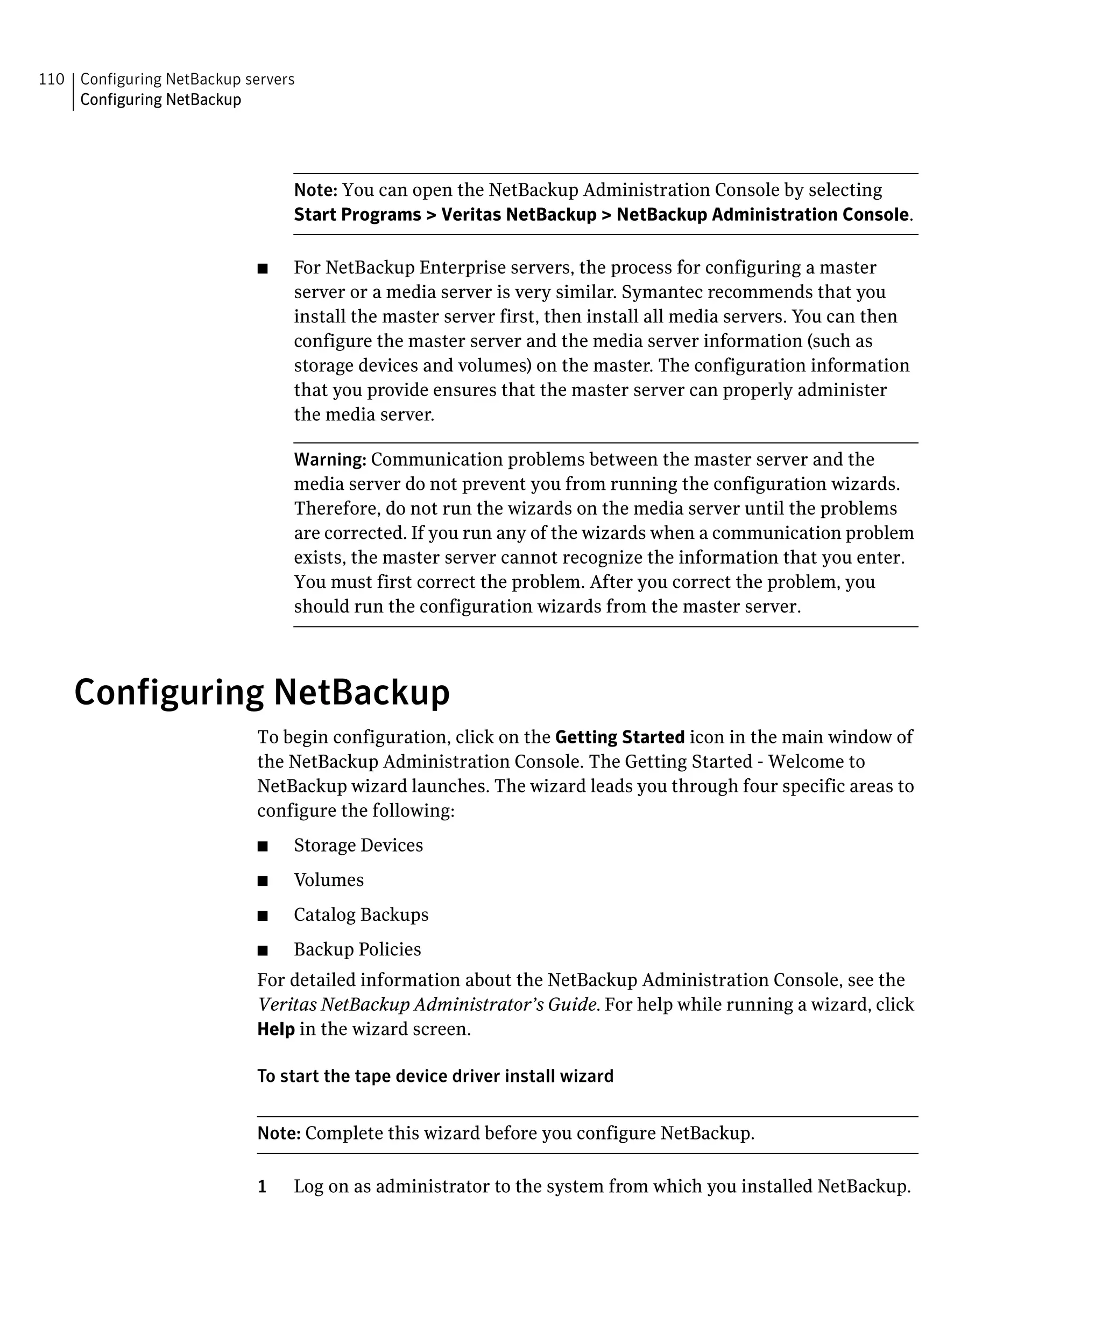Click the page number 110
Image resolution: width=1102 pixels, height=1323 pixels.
click(x=51, y=79)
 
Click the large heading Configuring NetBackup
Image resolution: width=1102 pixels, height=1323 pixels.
click(x=262, y=692)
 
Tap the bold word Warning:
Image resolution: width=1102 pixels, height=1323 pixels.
click(x=330, y=459)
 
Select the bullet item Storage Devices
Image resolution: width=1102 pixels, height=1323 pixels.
click(x=358, y=846)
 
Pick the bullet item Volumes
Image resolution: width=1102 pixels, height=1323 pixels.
click(x=328, y=880)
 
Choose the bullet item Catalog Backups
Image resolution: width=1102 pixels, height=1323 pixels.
click(x=361, y=915)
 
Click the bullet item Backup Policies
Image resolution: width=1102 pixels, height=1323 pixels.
click(x=357, y=949)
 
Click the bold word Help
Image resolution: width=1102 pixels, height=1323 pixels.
click(x=276, y=1030)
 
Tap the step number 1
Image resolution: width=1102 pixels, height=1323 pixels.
click(x=262, y=1187)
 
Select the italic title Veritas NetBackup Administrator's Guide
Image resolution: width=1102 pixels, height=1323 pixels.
click(x=427, y=1005)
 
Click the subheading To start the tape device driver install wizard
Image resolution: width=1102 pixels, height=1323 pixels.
click(x=435, y=1076)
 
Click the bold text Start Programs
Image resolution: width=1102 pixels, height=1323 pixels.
click(x=357, y=215)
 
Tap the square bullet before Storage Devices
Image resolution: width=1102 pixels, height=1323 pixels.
click(x=263, y=847)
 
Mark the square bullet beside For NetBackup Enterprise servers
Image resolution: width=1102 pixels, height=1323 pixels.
click(x=263, y=269)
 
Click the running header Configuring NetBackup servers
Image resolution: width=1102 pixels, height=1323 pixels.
click(x=187, y=79)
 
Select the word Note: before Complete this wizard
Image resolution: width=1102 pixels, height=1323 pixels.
click(x=278, y=1134)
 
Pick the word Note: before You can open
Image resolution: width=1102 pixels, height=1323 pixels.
click(x=315, y=190)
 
